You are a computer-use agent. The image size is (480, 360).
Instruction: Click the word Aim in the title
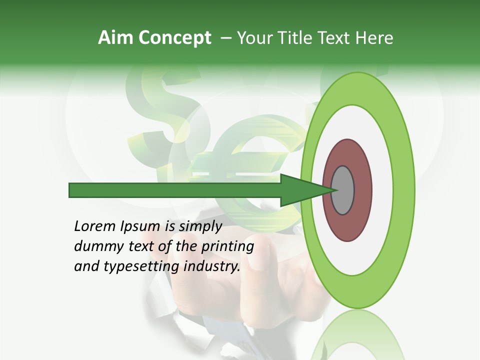click(115, 38)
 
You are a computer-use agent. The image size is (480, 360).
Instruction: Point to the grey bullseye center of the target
click(343, 190)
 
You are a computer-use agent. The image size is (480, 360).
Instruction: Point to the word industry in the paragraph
click(212, 266)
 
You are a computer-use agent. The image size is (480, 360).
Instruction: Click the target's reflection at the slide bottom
click(357, 335)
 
